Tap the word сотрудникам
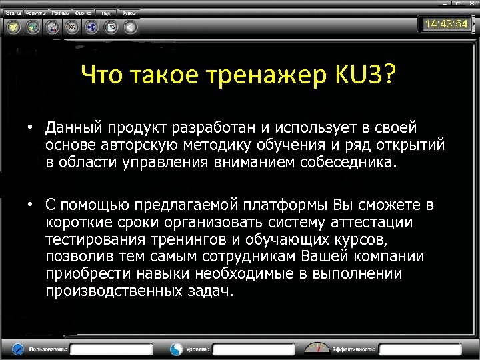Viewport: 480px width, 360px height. click(x=253, y=257)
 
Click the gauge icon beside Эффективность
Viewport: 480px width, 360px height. click(x=317, y=348)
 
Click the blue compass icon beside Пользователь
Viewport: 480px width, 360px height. click(x=18, y=348)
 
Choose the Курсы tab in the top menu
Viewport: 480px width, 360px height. click(x=129, y=13)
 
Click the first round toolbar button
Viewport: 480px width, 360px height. click(x=13, y=27)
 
